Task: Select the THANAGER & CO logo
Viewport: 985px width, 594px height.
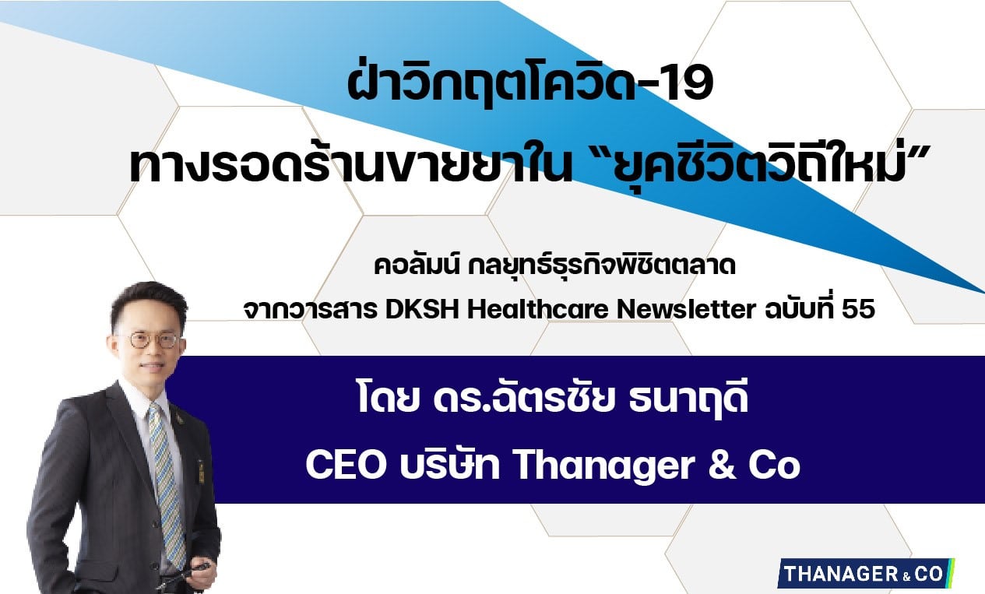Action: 865,573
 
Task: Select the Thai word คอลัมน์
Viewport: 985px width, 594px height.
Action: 417,266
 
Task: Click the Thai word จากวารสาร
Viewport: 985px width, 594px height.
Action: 311,309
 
